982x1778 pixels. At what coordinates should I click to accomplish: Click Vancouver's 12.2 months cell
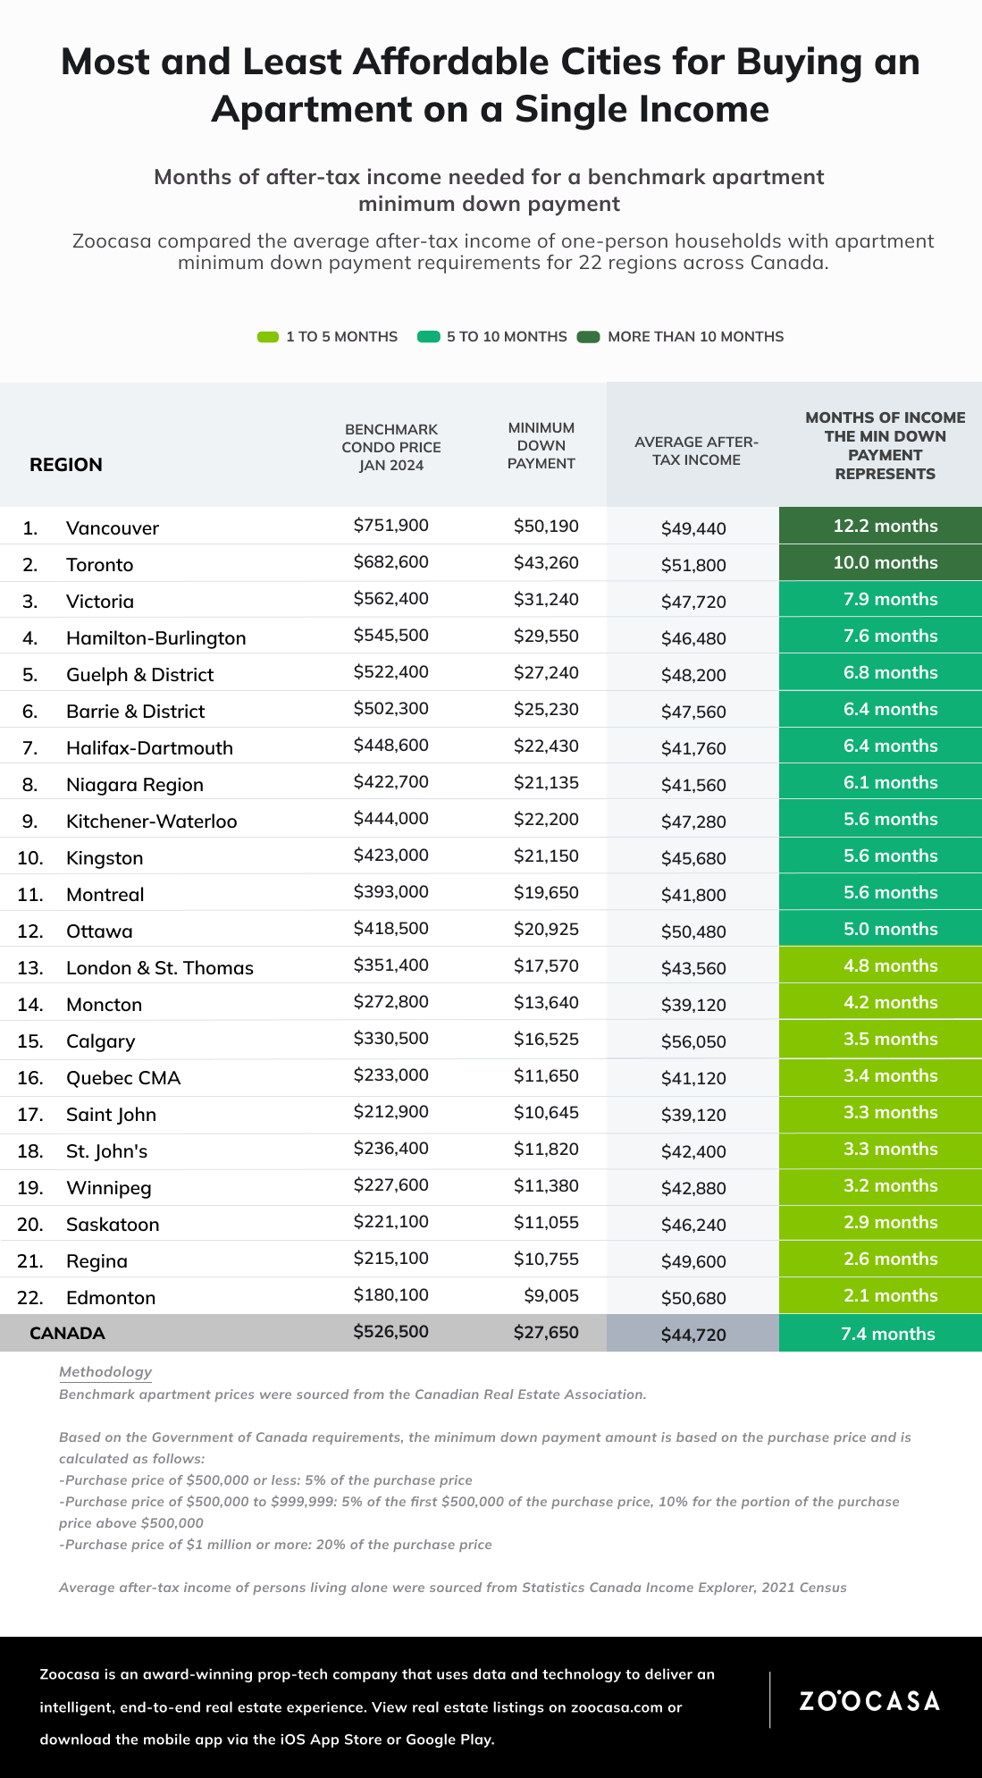(880, 526)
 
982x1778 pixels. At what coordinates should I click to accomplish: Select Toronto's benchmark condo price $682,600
(391, 562)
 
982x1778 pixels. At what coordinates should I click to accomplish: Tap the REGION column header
(66, 465)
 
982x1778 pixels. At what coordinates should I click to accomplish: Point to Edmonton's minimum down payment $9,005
(551, 1295)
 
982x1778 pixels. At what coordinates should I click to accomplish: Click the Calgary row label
(101, 1041)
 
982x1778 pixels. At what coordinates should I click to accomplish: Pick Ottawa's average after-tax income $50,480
(693, 931)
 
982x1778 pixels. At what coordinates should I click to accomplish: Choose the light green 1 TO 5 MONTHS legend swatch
(268, 337)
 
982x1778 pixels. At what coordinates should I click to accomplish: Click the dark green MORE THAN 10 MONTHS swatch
(588, 337)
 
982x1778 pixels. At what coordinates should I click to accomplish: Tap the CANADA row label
(67, 1333)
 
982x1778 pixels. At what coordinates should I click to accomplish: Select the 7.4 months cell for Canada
(880, 1333)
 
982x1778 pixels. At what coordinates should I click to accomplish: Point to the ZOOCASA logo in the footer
(869, 1700)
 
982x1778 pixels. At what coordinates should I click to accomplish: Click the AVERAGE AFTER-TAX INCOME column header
(696, 451)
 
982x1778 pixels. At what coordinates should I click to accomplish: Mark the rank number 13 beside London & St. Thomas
(30, 968)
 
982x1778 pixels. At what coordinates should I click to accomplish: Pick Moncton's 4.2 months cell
(880, 1002)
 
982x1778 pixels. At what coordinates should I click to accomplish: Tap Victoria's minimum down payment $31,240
(546, 599)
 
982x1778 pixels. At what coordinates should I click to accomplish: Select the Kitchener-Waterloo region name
(152, 822)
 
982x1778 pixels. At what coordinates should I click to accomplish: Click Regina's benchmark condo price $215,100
(391, 1259)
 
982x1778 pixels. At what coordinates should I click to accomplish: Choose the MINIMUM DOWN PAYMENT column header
(541, 445)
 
